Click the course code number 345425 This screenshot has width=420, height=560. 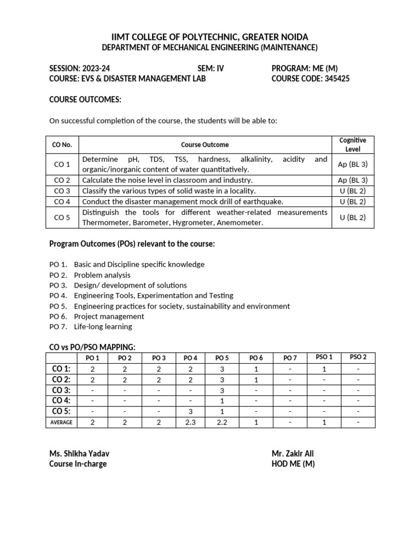pyautogui.click(x=334, y=79)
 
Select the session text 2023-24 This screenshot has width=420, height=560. pyautogui.click(x=96, y=68)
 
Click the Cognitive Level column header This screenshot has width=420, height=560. pyautogui.click(x=352, y=145)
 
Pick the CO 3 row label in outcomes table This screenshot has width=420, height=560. pyautogui.click(x=62, y=191)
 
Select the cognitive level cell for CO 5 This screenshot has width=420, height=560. pyautogui.click(x=352, y=217)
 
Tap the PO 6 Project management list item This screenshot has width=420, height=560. pyautogui.click(x=97, y=316)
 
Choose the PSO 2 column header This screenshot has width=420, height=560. pyautogui.click(x=358, y=358)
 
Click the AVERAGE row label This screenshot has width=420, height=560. pyautogui.click(x=62, y=422)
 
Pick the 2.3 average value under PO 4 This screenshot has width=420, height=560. pyautogui.click(x=190, y=422)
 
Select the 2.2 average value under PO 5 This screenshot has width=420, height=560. pyautogui.click(x=222, y=422)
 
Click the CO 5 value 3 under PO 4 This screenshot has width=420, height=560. pyautogui.click(x=190, y=411)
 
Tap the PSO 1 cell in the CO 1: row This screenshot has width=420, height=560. pyautogui.click(x=324, y=369)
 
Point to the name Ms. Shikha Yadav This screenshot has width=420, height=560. pyautogui.click(x=83, y=453)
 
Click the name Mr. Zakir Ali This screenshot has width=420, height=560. pyautogui.click(x=293, y=453)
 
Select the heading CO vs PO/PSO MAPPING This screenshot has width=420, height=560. pyautogui.click(x=92, y=347)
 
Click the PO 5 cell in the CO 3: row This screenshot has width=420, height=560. pyautogui.click(x=222, y=390)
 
